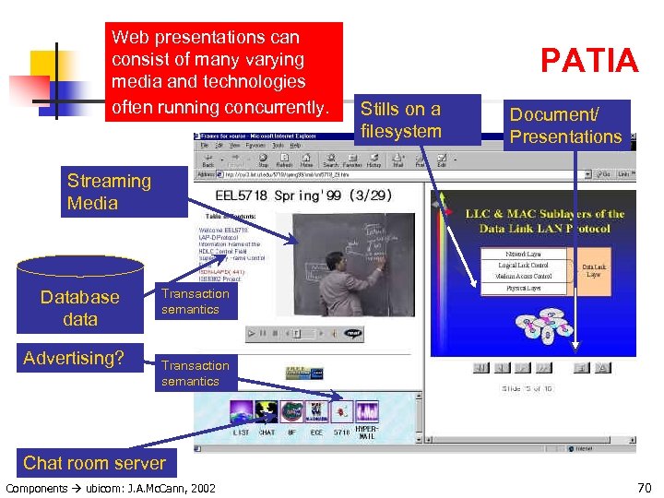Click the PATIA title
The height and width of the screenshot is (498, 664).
(589, 61)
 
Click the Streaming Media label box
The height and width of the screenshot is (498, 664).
(109, 192)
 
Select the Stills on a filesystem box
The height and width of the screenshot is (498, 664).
(419, 120)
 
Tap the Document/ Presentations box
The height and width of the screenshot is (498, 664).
(566, 125)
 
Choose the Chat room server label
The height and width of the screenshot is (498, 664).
(94, 463)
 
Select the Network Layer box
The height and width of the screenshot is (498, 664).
(522, 252)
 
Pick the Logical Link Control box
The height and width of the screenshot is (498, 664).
(523, 265)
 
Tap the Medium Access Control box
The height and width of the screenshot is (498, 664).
(523, 277)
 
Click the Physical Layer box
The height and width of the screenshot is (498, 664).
(522, 289)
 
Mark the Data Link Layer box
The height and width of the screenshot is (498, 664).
(593, 270)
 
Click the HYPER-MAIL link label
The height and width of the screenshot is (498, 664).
(367, 432)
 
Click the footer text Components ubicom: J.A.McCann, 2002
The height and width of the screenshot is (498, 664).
(111, 487)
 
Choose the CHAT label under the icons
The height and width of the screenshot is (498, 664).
(267, 432)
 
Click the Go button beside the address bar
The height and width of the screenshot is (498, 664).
(604, 173)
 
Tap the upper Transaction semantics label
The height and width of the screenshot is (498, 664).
(195, 302)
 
